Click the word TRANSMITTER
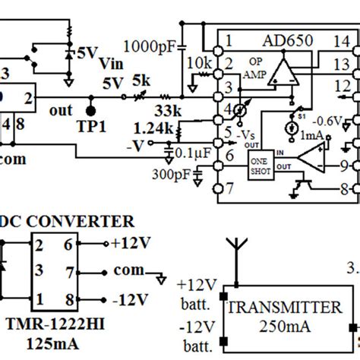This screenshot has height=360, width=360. click(x=284, y=308)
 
